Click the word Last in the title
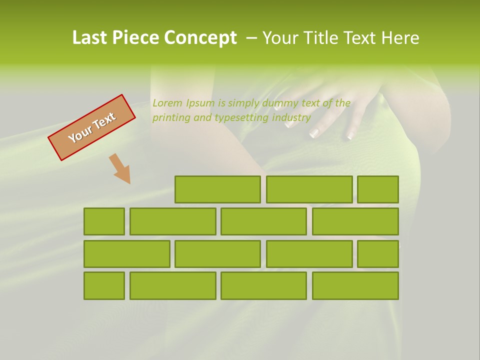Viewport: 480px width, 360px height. pyautogui.click(x=90, y=38)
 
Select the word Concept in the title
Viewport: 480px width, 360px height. pyautogui.click(x=200, y=38)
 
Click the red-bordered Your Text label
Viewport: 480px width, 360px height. pyautogui.click(x=92, y=127)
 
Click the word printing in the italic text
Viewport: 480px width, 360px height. pyautogui.click(x=170, y=118)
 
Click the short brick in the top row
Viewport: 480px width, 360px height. pyautogui.click(x=377, y=189)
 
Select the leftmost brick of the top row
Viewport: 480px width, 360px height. pyautogui.click(x=217, y=189)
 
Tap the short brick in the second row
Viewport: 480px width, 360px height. pyautogui.click(x=104, y=221)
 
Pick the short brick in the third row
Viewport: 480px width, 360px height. pyautogui.click(x=377, y=253)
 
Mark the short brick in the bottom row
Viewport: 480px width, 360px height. pyautogui.click(x=104, y=285)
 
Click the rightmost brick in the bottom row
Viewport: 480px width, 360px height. pyautogui.click(x=355, y=285)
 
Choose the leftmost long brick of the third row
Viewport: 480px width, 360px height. pyautogui.click(x=126, y=253)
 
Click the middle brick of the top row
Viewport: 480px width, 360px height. pyautogui.click(x=309, y=189)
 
